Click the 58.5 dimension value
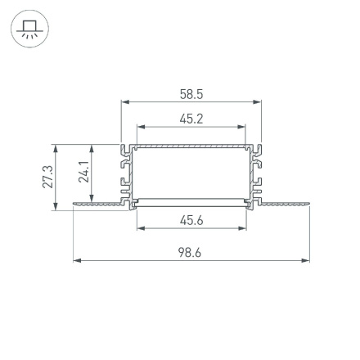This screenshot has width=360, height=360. click(x=191, y=95)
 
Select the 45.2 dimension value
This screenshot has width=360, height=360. click(x=191, y=119)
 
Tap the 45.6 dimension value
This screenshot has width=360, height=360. click(x=191, y=219)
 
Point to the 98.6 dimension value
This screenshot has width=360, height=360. click(x=191, y=253)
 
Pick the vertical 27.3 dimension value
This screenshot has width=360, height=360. click(x=47, y=177)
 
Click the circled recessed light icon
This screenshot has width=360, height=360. click(x=29, y=29)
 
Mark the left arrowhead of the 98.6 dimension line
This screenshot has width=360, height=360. click(x=77, y=261)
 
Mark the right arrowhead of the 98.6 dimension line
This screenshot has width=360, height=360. click(x=307, y=261)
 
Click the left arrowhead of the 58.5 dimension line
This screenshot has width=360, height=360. click(x=125, y=103)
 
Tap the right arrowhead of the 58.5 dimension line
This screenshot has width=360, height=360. click(x=258, y=103)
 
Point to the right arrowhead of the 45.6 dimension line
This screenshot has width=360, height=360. click(x=243, y=227)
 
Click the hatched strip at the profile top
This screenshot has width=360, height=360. click(x=191, y=148)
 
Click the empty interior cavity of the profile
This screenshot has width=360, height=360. click(x=191, y=173)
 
